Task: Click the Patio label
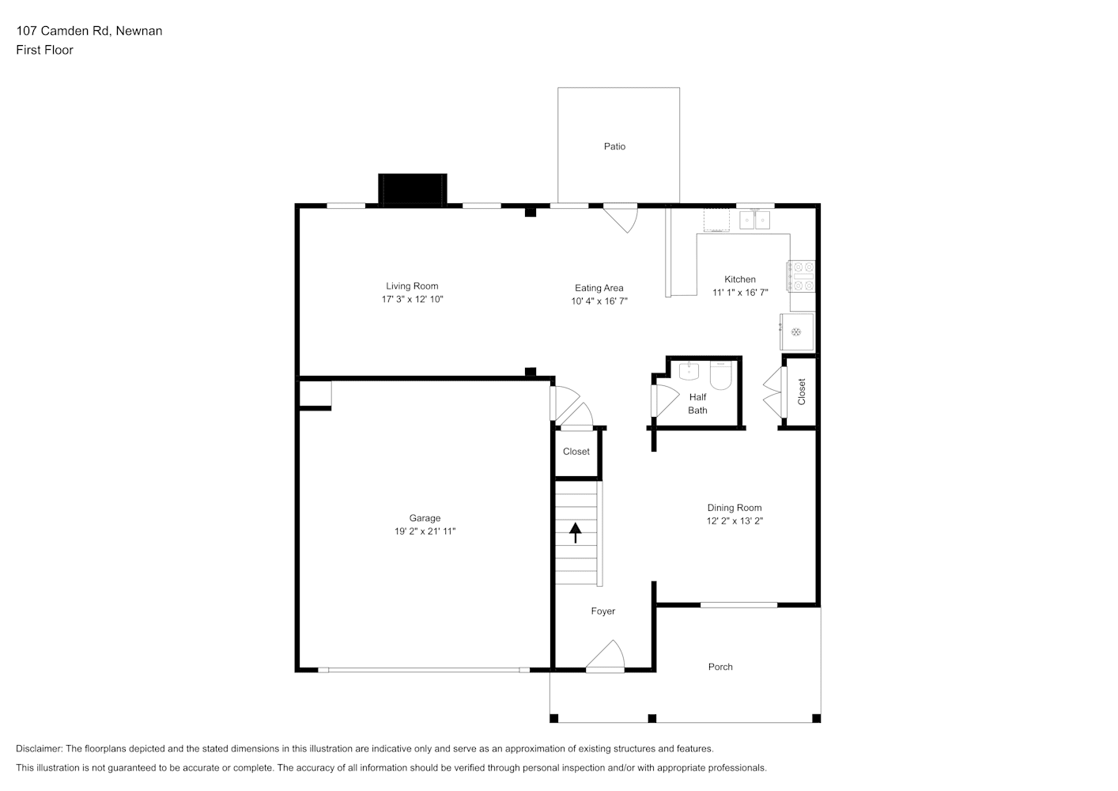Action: tap(614, 146)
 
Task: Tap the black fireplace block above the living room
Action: tap(412, 190)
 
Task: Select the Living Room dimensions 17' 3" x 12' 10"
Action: tap(412, 299)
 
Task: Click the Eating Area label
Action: tap(599, 288)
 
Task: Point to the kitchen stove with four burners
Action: tap(801, 276)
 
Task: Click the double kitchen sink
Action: tap(754, 220)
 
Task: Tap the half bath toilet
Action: tap(720, 376)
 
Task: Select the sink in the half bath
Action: tap(689, 371)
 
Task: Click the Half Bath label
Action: tap(697, 403)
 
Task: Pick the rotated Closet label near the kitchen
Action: tap(802, 392)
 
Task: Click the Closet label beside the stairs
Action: tap(576, 452)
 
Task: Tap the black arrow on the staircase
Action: tap(576, 532)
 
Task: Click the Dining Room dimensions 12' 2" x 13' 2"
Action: tap(735, 520)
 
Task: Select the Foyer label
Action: tap(603, 611)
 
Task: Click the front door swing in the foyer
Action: tap(605, 656)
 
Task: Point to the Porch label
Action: tap(720, 667)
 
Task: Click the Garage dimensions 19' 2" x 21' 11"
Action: tap(425, 532)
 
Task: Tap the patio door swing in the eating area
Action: tap(621, 218)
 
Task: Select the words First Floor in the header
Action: tap(44, 50)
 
